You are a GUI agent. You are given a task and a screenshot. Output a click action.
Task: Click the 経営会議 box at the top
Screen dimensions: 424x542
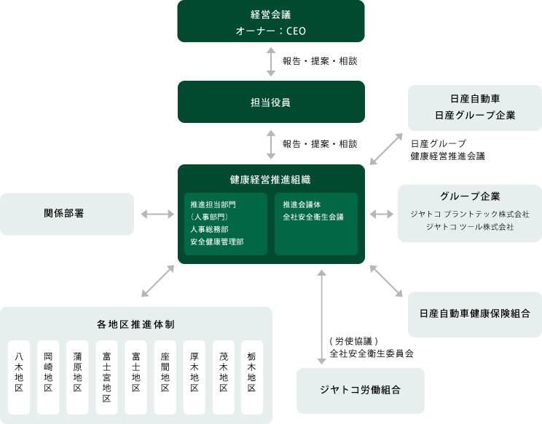point(271,21)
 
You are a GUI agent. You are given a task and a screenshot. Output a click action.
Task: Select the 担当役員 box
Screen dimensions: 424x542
point(271,102)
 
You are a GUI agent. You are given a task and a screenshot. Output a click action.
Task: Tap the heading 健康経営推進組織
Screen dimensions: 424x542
point(271,179)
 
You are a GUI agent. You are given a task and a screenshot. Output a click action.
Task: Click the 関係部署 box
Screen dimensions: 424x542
point(67,214)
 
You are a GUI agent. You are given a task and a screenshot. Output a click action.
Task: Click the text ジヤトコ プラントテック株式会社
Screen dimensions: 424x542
point(469,215)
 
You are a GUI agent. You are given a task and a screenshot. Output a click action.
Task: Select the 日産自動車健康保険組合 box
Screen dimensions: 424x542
point(474,314)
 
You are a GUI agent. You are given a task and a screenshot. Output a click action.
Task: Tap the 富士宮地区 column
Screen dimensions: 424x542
point(106,377)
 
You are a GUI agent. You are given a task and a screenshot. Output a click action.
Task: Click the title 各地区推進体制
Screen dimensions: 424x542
point(135,324)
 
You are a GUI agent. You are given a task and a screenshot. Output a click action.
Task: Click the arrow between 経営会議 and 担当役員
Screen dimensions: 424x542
point(271,62)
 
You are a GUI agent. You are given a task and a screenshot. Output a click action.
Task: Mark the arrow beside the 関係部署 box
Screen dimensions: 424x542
point(156,214)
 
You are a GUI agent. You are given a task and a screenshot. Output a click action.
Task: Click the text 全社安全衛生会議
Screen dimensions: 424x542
point(313,217)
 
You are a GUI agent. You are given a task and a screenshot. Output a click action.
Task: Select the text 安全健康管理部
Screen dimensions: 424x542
point(218,241)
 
